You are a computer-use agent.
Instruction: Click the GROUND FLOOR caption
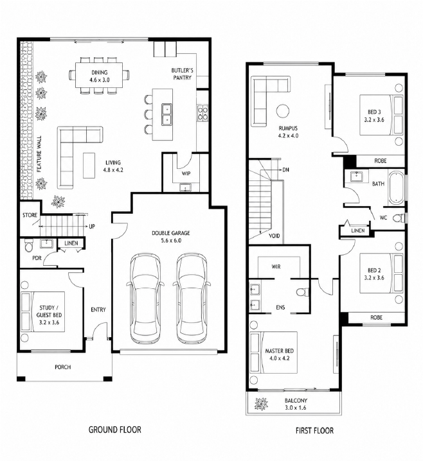(115, 430)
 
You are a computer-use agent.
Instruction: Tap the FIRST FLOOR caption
(314, 431)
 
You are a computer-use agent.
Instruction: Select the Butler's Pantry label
(183, 74)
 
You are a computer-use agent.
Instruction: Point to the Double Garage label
(171, 237)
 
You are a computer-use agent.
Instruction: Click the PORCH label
(63, 367)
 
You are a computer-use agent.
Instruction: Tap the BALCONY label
(296, 404)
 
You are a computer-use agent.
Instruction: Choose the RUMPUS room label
(288, 132)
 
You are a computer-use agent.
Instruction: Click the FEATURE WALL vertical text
(39, 153)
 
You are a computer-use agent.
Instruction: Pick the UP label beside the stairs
(92, 227)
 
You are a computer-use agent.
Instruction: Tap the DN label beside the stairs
(285, 170)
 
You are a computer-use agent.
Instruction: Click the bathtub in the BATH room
(395, 187)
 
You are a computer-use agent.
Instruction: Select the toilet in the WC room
(400, 218)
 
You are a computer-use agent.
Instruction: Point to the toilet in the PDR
(29, 246)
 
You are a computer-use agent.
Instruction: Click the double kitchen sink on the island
(166, 114)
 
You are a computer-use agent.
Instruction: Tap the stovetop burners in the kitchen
(203, 114)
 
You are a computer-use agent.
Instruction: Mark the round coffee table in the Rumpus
(283, 111)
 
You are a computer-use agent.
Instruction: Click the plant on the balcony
(262, 404)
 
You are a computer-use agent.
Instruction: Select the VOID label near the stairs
(274, 236)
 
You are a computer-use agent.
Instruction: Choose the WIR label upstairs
(276, 266)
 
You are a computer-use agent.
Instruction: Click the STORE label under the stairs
(30, 215)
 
